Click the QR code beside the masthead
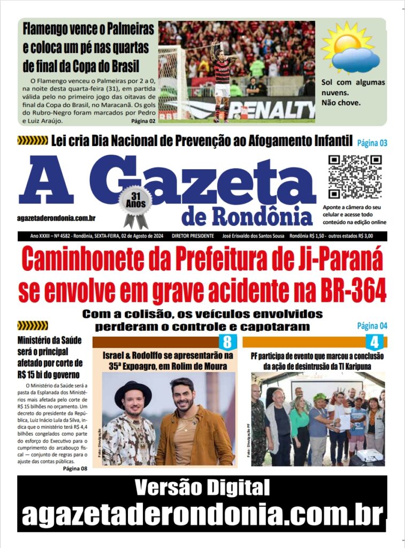click(x=355, y=177)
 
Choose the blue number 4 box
click(x=374, y=342)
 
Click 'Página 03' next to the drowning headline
click(x=371, y=143)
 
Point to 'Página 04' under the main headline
click(x=372, y=325)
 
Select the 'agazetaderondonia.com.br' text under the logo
click(x=56, y=218)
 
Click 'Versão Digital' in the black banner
click(x=202, y=488)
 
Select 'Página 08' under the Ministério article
click(x=75, y=469)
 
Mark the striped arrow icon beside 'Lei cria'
click(x=33, y=141)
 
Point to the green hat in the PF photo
click(x=319, y=397)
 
